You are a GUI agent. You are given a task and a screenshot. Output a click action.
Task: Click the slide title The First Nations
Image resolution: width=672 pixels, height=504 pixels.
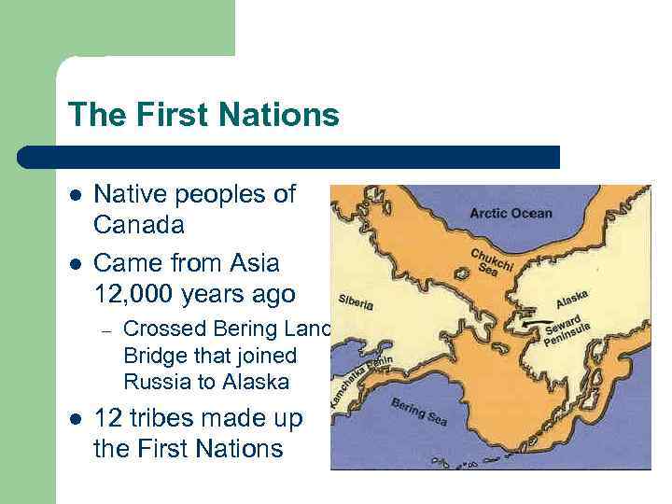(x=203, y=115)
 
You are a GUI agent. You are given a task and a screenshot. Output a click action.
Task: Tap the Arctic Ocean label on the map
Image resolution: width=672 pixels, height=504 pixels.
(x=511, y=213)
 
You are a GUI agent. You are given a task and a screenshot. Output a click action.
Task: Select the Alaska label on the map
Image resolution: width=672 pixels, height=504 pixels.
(x=572, y=300)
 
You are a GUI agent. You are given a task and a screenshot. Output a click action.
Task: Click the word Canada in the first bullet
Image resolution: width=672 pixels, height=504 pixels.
(x=139, y=225)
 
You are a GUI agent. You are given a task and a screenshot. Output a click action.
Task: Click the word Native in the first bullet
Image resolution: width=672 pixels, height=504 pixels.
(x=127, y=194)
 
